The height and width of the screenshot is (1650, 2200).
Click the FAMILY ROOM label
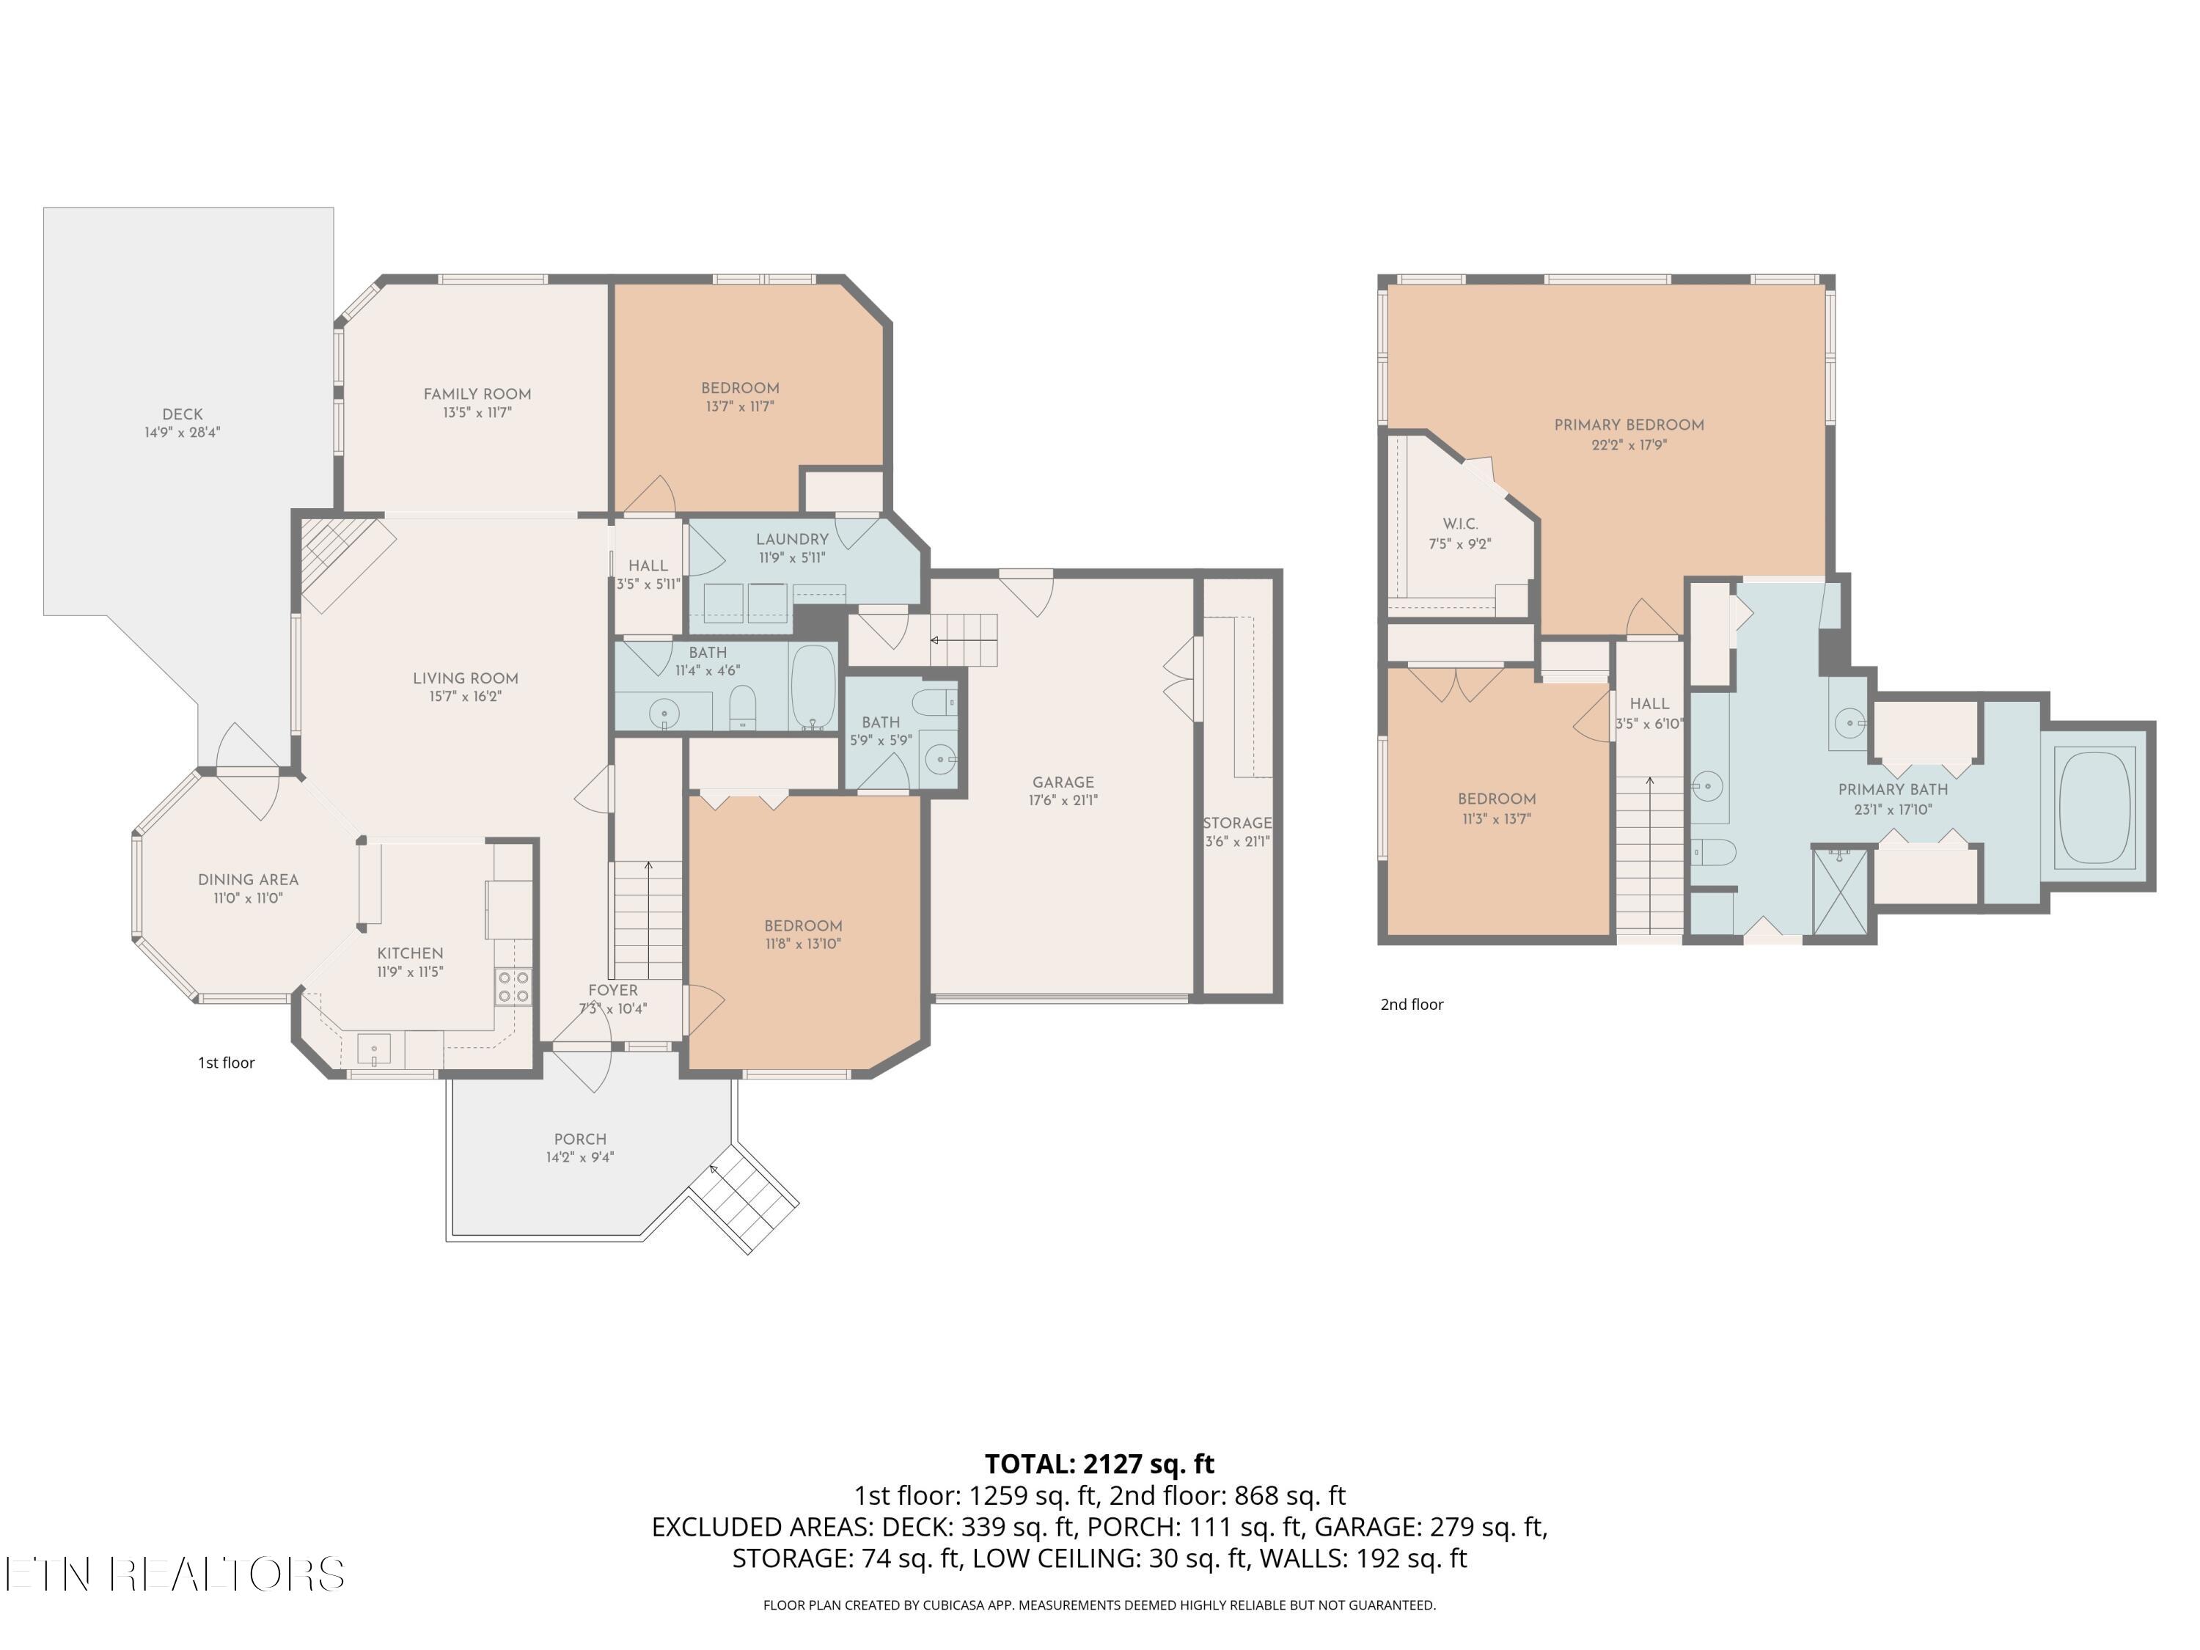tap(477, 394)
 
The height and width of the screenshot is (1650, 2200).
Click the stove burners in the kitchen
tap(513, 986)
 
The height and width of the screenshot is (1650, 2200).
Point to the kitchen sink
tap(374, 1050)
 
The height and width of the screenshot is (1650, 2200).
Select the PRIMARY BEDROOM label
tap(1629, 425)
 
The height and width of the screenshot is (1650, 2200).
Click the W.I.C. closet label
tap(1460, 524)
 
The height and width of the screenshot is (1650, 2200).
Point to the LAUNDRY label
tap(792, 539)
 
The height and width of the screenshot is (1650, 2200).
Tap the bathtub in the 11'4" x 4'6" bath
tap(813, 687)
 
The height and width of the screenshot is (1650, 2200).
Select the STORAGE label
tap(1237, 823)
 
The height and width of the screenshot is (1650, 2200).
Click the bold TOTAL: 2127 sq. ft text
tap(1099, 1464)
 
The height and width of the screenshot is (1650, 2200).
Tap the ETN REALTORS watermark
tap(175, 1574)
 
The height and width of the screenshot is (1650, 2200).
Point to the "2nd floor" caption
tap(1412, 1005)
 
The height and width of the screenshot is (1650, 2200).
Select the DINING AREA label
tap(248, 879)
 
